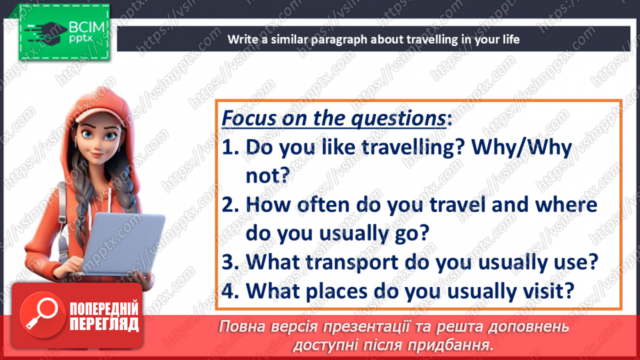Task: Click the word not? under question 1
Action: [x=268, y=176]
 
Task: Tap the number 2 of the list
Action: [x=230, y=205]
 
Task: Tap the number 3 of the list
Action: [x=230, y=263]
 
